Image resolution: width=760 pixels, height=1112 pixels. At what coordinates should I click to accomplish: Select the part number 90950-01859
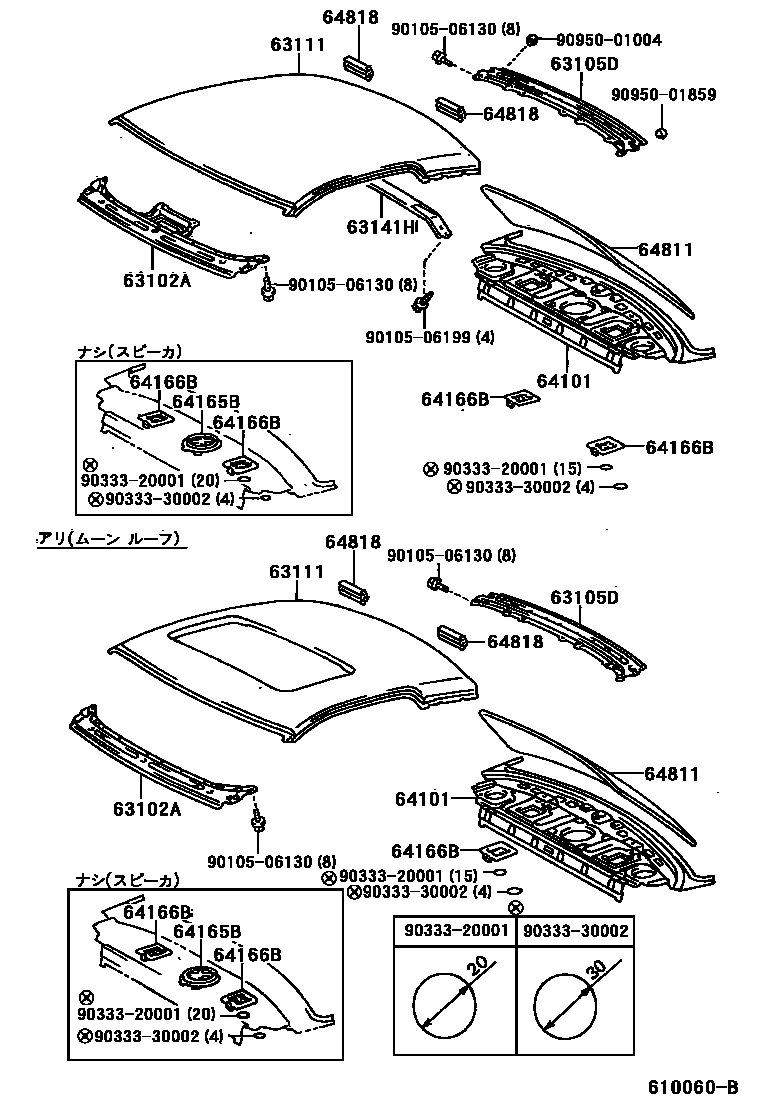[664, 95]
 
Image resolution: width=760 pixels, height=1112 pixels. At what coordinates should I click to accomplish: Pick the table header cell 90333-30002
[576, 931]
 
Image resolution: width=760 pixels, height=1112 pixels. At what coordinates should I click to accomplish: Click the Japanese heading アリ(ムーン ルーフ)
[113, 539]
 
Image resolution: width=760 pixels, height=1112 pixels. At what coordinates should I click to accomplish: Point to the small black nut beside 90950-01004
[533, 40]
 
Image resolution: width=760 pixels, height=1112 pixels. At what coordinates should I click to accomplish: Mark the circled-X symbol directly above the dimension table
[516, 908]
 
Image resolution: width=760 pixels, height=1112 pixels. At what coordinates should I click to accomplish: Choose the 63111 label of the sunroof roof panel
[296, 571]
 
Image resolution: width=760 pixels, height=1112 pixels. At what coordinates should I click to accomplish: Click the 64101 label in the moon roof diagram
[418, 798]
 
